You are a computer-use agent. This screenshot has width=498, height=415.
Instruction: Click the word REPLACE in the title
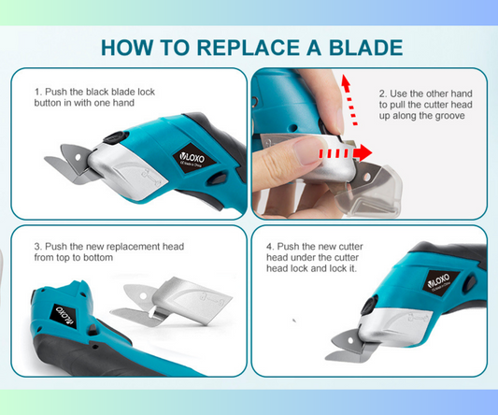click(x=248, y=48)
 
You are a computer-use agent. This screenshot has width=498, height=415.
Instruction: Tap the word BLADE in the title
click(x=365, y=48)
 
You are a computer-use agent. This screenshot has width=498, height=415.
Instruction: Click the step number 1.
click(x=37, y=93)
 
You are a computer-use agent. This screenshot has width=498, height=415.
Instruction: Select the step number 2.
click(x=383, y=93)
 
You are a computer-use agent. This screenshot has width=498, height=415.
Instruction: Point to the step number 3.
click(x=37, y=247)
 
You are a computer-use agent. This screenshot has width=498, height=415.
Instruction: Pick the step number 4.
click(x=270, y=247)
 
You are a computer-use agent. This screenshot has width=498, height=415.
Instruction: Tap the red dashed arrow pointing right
click(x=345, y=153)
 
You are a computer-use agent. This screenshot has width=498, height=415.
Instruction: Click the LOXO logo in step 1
click(x=193, y=158)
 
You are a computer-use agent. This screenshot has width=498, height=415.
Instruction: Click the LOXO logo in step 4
click(x=441, y=281)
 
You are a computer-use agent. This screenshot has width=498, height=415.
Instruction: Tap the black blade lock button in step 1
click(x=116, y=137)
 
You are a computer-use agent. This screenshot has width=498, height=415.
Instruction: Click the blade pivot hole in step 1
click(x=78, y=157)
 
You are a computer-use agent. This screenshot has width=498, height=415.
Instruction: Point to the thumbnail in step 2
click(x=306, y=150)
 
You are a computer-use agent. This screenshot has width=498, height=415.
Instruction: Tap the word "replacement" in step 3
click(x=133, y=247)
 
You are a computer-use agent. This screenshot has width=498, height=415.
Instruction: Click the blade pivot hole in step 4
click(x=350, y=341)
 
